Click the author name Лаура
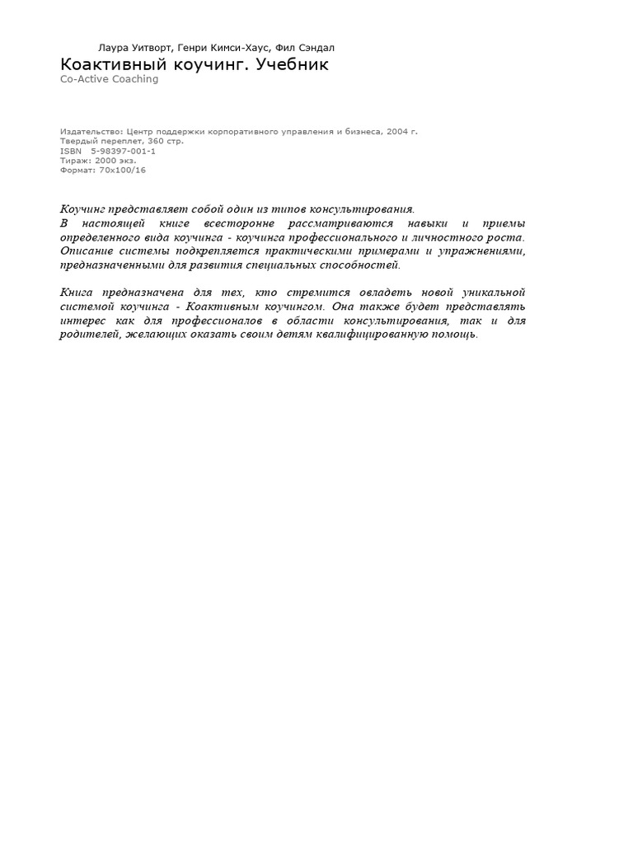point(115,48)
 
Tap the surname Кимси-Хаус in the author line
point(241,48)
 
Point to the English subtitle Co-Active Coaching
point(109,79)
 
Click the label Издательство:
point(91,131)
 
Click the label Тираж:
point(76,161)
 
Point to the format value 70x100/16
point(122,170)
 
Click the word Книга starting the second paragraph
point(77,293)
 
